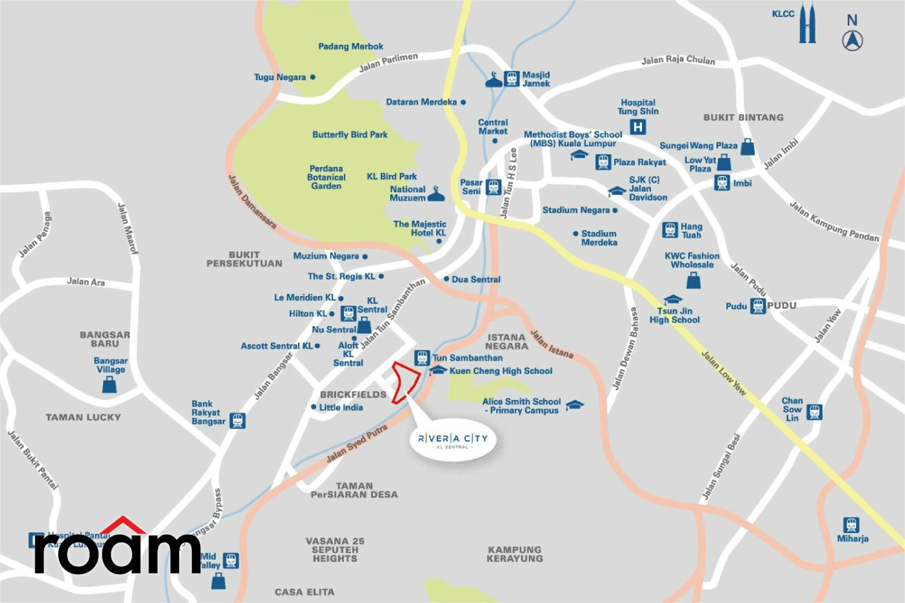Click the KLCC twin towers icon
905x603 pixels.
pos(807,24)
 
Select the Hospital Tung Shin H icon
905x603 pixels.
pos(638,127)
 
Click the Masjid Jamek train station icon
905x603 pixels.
pos(511,79)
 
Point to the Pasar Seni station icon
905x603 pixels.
pos(493,187)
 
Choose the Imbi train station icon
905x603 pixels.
pos(722,183)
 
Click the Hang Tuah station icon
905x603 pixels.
pos(670,230)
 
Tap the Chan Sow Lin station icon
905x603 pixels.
pos(814,412)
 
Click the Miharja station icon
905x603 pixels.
pos(851,525)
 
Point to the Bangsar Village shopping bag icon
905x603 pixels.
pos(109,385)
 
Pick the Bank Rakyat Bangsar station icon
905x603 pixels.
pos(237,420)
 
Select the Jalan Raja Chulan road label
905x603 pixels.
pos(678,60)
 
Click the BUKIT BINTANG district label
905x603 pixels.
pos(743,117)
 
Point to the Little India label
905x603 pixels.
pos(341,407)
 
